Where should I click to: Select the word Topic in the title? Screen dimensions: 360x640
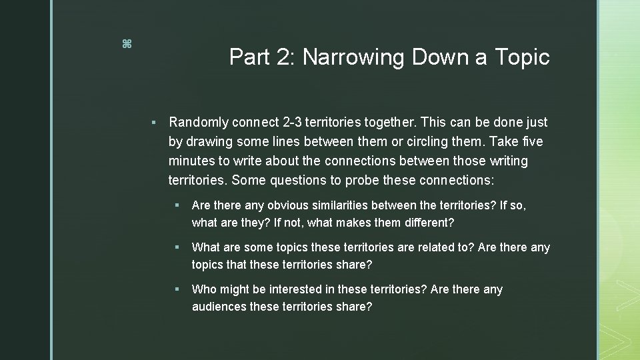(522, 58)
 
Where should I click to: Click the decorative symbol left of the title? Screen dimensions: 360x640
(127, 45)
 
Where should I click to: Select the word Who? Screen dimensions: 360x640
(204, 290)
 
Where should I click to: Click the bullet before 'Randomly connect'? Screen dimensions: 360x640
(153, 123)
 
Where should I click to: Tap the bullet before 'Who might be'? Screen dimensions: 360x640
(177, 290)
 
